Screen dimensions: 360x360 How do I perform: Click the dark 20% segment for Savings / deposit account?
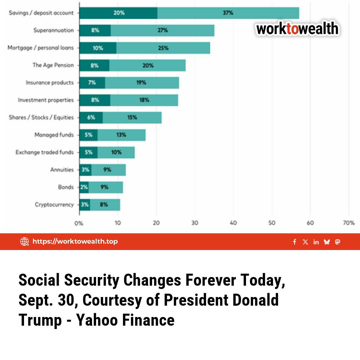118,13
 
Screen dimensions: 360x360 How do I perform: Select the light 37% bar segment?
228,13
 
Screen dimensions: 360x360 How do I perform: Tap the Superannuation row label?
53,30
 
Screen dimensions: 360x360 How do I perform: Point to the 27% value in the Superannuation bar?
163,30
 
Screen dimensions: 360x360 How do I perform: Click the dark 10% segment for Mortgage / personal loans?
98,48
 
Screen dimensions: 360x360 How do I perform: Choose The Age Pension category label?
53,65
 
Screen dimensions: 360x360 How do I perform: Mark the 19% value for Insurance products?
141,83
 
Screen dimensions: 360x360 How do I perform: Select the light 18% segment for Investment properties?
144,100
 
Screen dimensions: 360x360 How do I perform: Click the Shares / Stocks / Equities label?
41,118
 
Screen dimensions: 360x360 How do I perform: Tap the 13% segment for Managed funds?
121,135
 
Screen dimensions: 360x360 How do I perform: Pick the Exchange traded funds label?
44,152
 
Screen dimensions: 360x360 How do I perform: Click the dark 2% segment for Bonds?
84,187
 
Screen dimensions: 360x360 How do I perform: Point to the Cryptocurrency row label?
54,205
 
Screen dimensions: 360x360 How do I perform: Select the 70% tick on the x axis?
348,223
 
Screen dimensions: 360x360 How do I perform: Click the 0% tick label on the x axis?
79,223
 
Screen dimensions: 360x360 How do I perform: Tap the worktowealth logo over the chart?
297,29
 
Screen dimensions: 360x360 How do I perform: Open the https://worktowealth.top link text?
75,241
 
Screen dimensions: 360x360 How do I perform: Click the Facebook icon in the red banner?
295,242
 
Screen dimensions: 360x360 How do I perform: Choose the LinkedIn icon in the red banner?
316,242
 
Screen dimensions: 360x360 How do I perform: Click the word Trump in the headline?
40,320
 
